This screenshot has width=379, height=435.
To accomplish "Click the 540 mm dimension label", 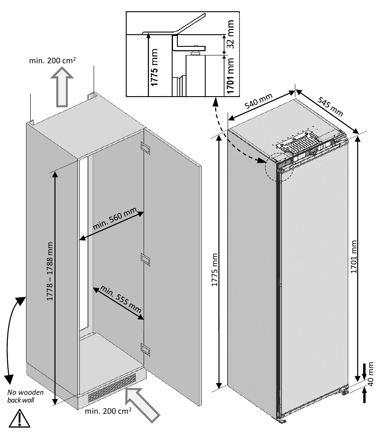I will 258,102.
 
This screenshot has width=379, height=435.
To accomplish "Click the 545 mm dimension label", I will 330,106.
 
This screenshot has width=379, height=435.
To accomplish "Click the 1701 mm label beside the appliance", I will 354,256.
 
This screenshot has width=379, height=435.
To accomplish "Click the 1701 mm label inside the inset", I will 230,76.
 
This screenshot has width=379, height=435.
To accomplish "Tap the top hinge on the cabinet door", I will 145,149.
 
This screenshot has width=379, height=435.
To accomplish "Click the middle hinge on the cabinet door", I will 145,259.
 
